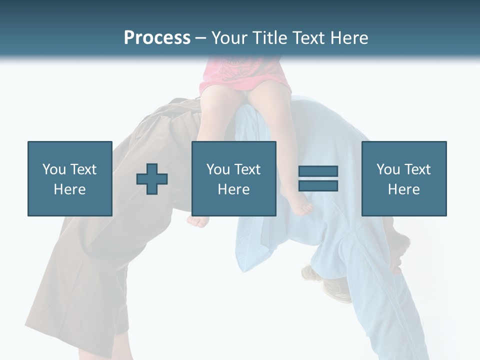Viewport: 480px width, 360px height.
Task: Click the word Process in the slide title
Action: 157,38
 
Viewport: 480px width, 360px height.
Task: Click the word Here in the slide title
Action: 348,38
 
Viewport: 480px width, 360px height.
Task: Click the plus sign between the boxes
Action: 152,178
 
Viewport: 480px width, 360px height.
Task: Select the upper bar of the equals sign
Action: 318,171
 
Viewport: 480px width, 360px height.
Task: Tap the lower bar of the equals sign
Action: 318,185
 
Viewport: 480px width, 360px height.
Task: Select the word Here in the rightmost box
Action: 404,189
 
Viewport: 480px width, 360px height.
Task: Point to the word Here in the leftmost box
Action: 70,189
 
